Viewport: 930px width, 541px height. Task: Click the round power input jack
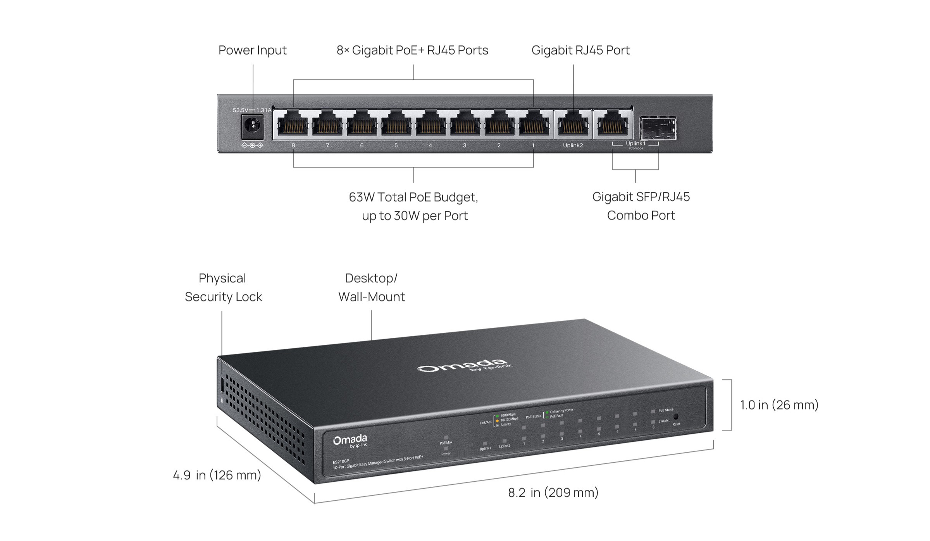[253, 126]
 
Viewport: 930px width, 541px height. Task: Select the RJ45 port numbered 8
[293, 124]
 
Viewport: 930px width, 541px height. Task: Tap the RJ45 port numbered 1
[534, 124]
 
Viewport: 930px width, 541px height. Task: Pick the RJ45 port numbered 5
[396, 124]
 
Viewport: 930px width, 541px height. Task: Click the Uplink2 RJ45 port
[573, 124]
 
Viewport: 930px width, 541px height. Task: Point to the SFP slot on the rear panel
[658, 128]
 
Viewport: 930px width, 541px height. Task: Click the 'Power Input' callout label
[252, 50]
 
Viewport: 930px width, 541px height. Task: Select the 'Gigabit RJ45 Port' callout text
[580, 50]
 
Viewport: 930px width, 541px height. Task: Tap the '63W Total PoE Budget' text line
[413, 197]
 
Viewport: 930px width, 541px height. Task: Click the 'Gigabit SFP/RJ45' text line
[641, 197]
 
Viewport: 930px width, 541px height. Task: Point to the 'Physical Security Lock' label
[223, 287]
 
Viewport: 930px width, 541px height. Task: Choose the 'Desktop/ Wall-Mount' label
[371, 287]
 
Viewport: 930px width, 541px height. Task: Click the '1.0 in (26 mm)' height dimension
[779, 405]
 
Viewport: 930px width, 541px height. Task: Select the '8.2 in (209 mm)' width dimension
[553, 493]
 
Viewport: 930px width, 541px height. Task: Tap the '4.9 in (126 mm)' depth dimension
[217, 475]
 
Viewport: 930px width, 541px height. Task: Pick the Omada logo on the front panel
[350, 441]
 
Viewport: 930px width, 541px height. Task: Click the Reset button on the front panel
[676, 417]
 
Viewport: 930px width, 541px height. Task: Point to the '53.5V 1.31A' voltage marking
[252, 110]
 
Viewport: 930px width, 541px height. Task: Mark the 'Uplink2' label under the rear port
[573, 145]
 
